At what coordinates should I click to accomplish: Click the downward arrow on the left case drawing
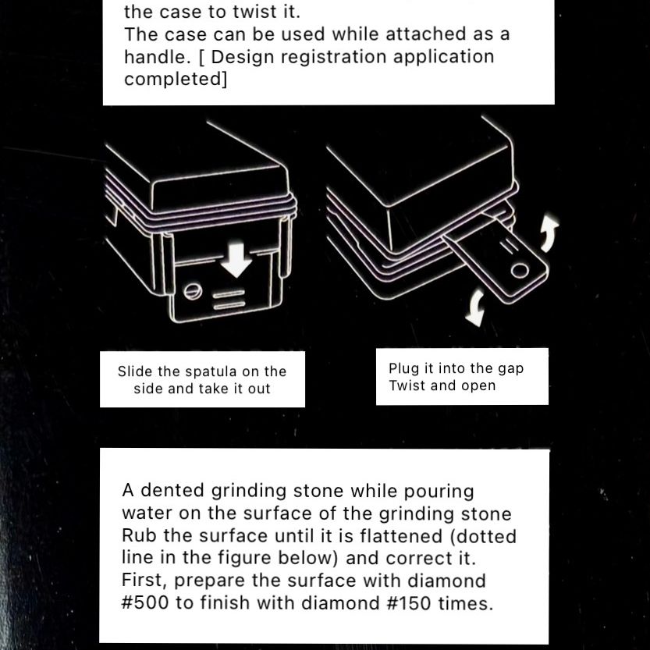click(236, 261)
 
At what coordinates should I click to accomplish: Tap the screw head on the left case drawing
click(193, 290)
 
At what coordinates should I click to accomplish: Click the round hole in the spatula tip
click(520, 271)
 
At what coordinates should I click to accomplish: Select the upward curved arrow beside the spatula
click(549, 233)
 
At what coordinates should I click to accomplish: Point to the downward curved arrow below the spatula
click(476, 307)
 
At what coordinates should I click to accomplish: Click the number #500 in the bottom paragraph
click(145, 602)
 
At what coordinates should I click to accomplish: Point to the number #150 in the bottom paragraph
click(409, 602)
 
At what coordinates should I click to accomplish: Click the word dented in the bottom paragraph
click(172, 490)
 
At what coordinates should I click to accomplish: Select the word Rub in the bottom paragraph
click(139, 535)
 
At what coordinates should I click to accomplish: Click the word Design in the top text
click(242, 57)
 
